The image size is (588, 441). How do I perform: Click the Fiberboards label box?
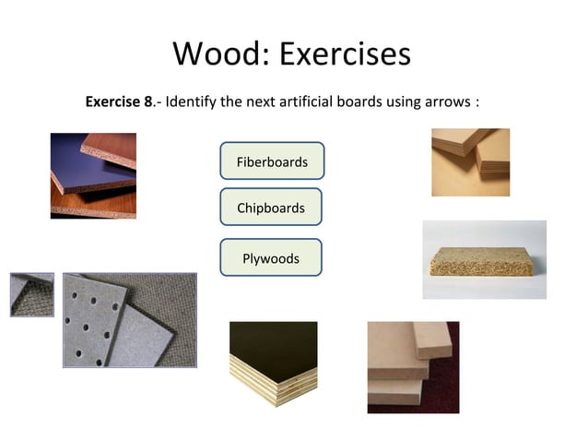[272, 161]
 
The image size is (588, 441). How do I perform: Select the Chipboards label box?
[271, 208]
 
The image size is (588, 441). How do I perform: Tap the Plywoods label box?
[271, 258]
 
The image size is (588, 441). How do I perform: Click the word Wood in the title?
[217, 54]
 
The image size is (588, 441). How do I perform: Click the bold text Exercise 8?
[119, 101]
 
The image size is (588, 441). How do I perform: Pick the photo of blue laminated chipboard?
[93, 175]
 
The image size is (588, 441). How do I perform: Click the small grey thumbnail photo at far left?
[31, 294]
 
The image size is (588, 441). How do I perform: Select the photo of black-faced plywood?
[273, 363]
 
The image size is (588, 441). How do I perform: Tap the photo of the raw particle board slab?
[484, 259]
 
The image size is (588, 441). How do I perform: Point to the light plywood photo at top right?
[470, 161]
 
